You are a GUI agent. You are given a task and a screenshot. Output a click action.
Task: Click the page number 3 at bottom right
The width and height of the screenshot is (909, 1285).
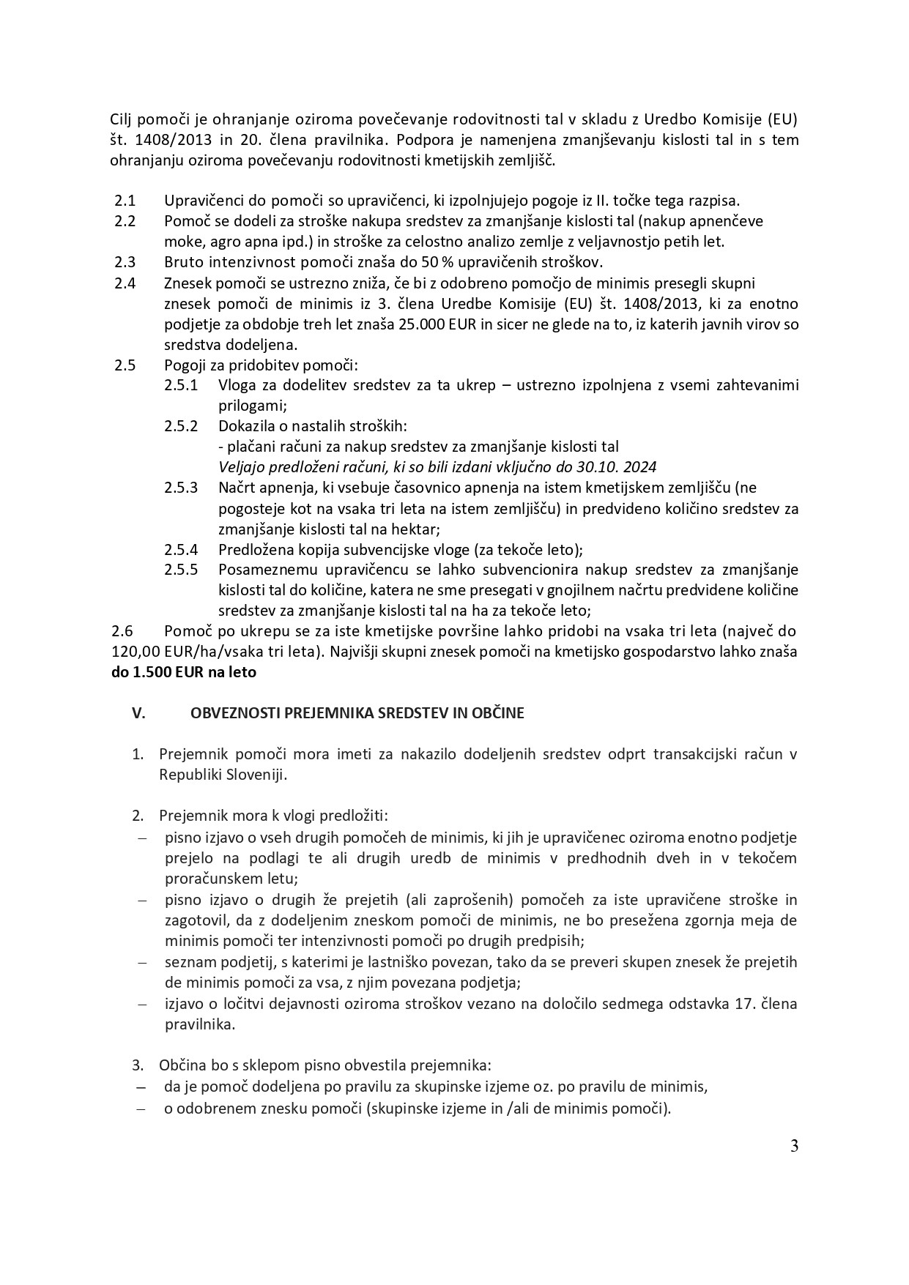pos(794,1146)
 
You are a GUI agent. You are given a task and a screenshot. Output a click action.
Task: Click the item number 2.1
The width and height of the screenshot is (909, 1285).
pos(125,200)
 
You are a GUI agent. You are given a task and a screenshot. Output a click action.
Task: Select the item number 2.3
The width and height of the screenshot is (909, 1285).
pos(125,261)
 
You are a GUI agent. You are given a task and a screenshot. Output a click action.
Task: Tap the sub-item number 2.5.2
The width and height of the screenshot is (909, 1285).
pos(181,425)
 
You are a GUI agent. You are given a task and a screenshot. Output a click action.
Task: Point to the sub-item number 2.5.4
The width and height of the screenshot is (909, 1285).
pos(181,548)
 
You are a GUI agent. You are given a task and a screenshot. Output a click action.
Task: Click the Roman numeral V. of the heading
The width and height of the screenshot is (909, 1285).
pos(138,712)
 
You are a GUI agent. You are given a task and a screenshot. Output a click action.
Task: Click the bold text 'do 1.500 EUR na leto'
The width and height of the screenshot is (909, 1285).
pos(184,671)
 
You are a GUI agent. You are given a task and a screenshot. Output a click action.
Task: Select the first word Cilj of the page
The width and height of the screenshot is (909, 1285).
pos(124,119)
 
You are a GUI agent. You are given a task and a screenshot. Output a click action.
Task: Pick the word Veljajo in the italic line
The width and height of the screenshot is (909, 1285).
pos(242,466)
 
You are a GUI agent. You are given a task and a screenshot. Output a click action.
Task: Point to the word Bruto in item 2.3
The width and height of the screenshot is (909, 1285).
pos(182,261)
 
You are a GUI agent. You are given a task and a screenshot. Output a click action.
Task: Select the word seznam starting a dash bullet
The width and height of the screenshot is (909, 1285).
pos(188,961)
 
